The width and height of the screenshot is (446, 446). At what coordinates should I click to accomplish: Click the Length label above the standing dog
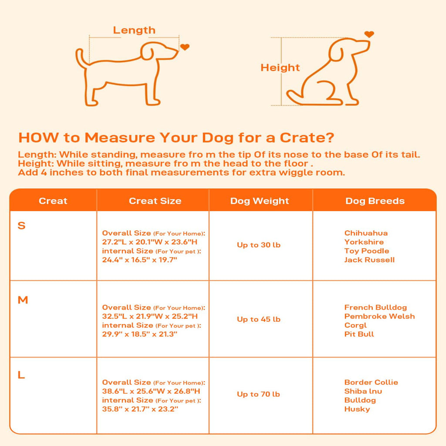(x=134, y=30)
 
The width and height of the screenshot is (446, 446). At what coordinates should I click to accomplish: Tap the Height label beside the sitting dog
(x=280, y=68)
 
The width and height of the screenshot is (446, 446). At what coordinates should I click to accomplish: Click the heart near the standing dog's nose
(x=185, y=47)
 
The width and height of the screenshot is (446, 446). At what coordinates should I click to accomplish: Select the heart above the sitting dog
(x=369, y=34)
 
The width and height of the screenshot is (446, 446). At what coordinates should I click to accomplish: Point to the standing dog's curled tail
(x=79, y=58)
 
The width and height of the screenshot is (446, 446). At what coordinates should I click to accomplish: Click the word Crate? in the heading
(x=307, y=138)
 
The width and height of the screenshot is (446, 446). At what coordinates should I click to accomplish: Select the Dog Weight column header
(x=260, y=201)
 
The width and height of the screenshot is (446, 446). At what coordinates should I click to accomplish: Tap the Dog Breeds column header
(x=375, y=201)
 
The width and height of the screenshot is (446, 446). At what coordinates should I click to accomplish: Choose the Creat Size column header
(x=155, y=201)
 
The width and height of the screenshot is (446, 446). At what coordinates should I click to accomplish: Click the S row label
(x=22, y=226)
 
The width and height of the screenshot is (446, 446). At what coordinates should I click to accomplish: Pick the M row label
(x=23, y=300)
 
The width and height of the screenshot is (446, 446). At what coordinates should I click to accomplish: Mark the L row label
(x=21, y=375)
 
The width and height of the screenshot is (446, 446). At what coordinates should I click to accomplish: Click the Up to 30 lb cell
(x=259, y=245)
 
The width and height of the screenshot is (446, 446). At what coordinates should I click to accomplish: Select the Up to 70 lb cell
(x=258, y=394)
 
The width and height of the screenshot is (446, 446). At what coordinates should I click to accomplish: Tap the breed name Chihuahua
(x=366, y=233)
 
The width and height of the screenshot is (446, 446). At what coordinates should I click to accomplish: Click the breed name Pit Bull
(x=359, y=334)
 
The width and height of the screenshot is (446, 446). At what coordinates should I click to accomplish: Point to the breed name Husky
(x=357, y=409)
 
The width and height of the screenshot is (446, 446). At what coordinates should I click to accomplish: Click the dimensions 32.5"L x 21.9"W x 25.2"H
(x=150, y=316)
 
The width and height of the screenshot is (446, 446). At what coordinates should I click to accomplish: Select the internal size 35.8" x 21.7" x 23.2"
(x=140, y=409)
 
